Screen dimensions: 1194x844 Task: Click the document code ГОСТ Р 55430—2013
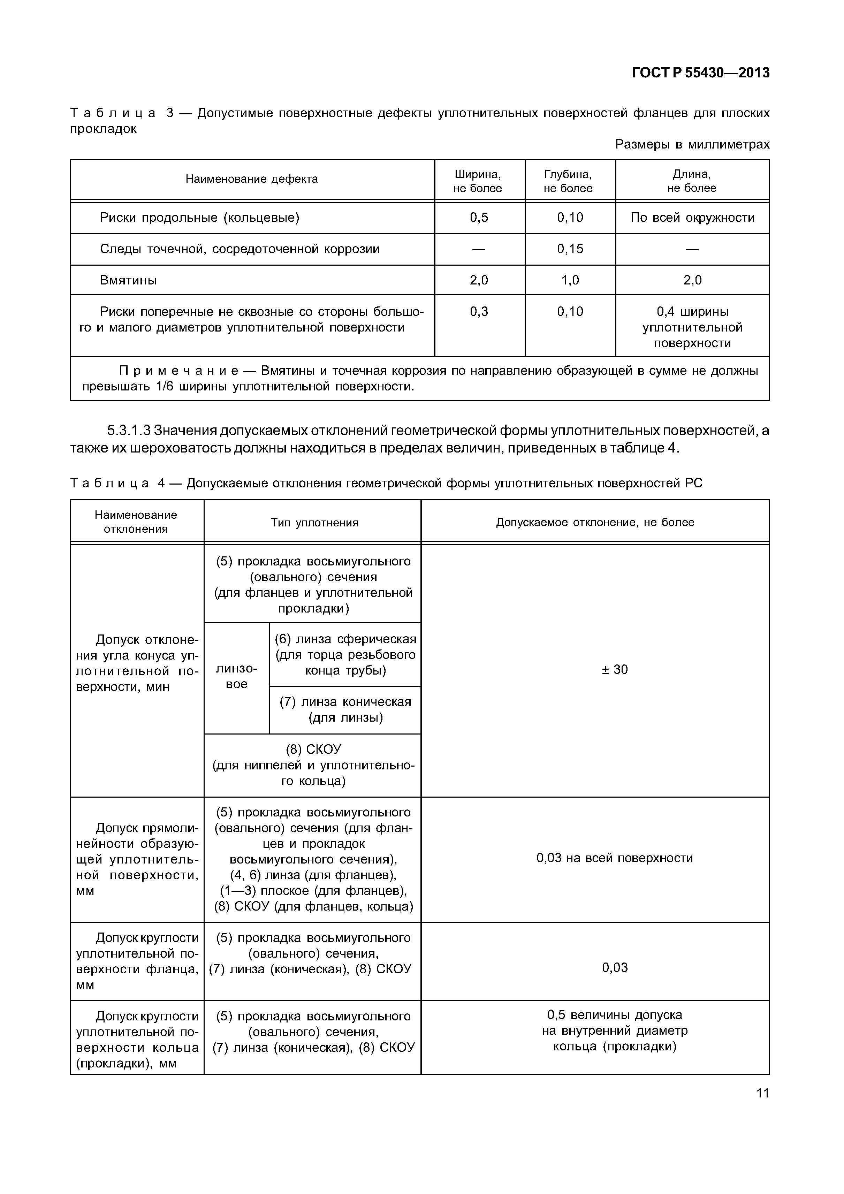tap(700, 73)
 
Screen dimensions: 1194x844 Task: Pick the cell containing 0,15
tap(570, 249)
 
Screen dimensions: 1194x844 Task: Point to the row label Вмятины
tap(128, 280)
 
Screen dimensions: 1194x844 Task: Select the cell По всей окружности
tap(692, 218)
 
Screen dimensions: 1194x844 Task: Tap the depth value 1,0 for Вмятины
tap(570, 280)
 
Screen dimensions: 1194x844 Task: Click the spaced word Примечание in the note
tap(178, 371)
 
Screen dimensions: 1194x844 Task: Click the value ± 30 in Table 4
tap(615, 670)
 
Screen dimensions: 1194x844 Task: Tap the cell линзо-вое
tap(237, 677)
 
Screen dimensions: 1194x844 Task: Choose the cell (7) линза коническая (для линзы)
tap(345, 710)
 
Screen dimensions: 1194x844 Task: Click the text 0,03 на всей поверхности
tap(615, 858)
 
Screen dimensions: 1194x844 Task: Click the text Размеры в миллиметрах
tap(692, 145)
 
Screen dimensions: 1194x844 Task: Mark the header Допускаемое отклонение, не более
tap(595, 522)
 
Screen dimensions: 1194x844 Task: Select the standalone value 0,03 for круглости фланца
tap(615, 967)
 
